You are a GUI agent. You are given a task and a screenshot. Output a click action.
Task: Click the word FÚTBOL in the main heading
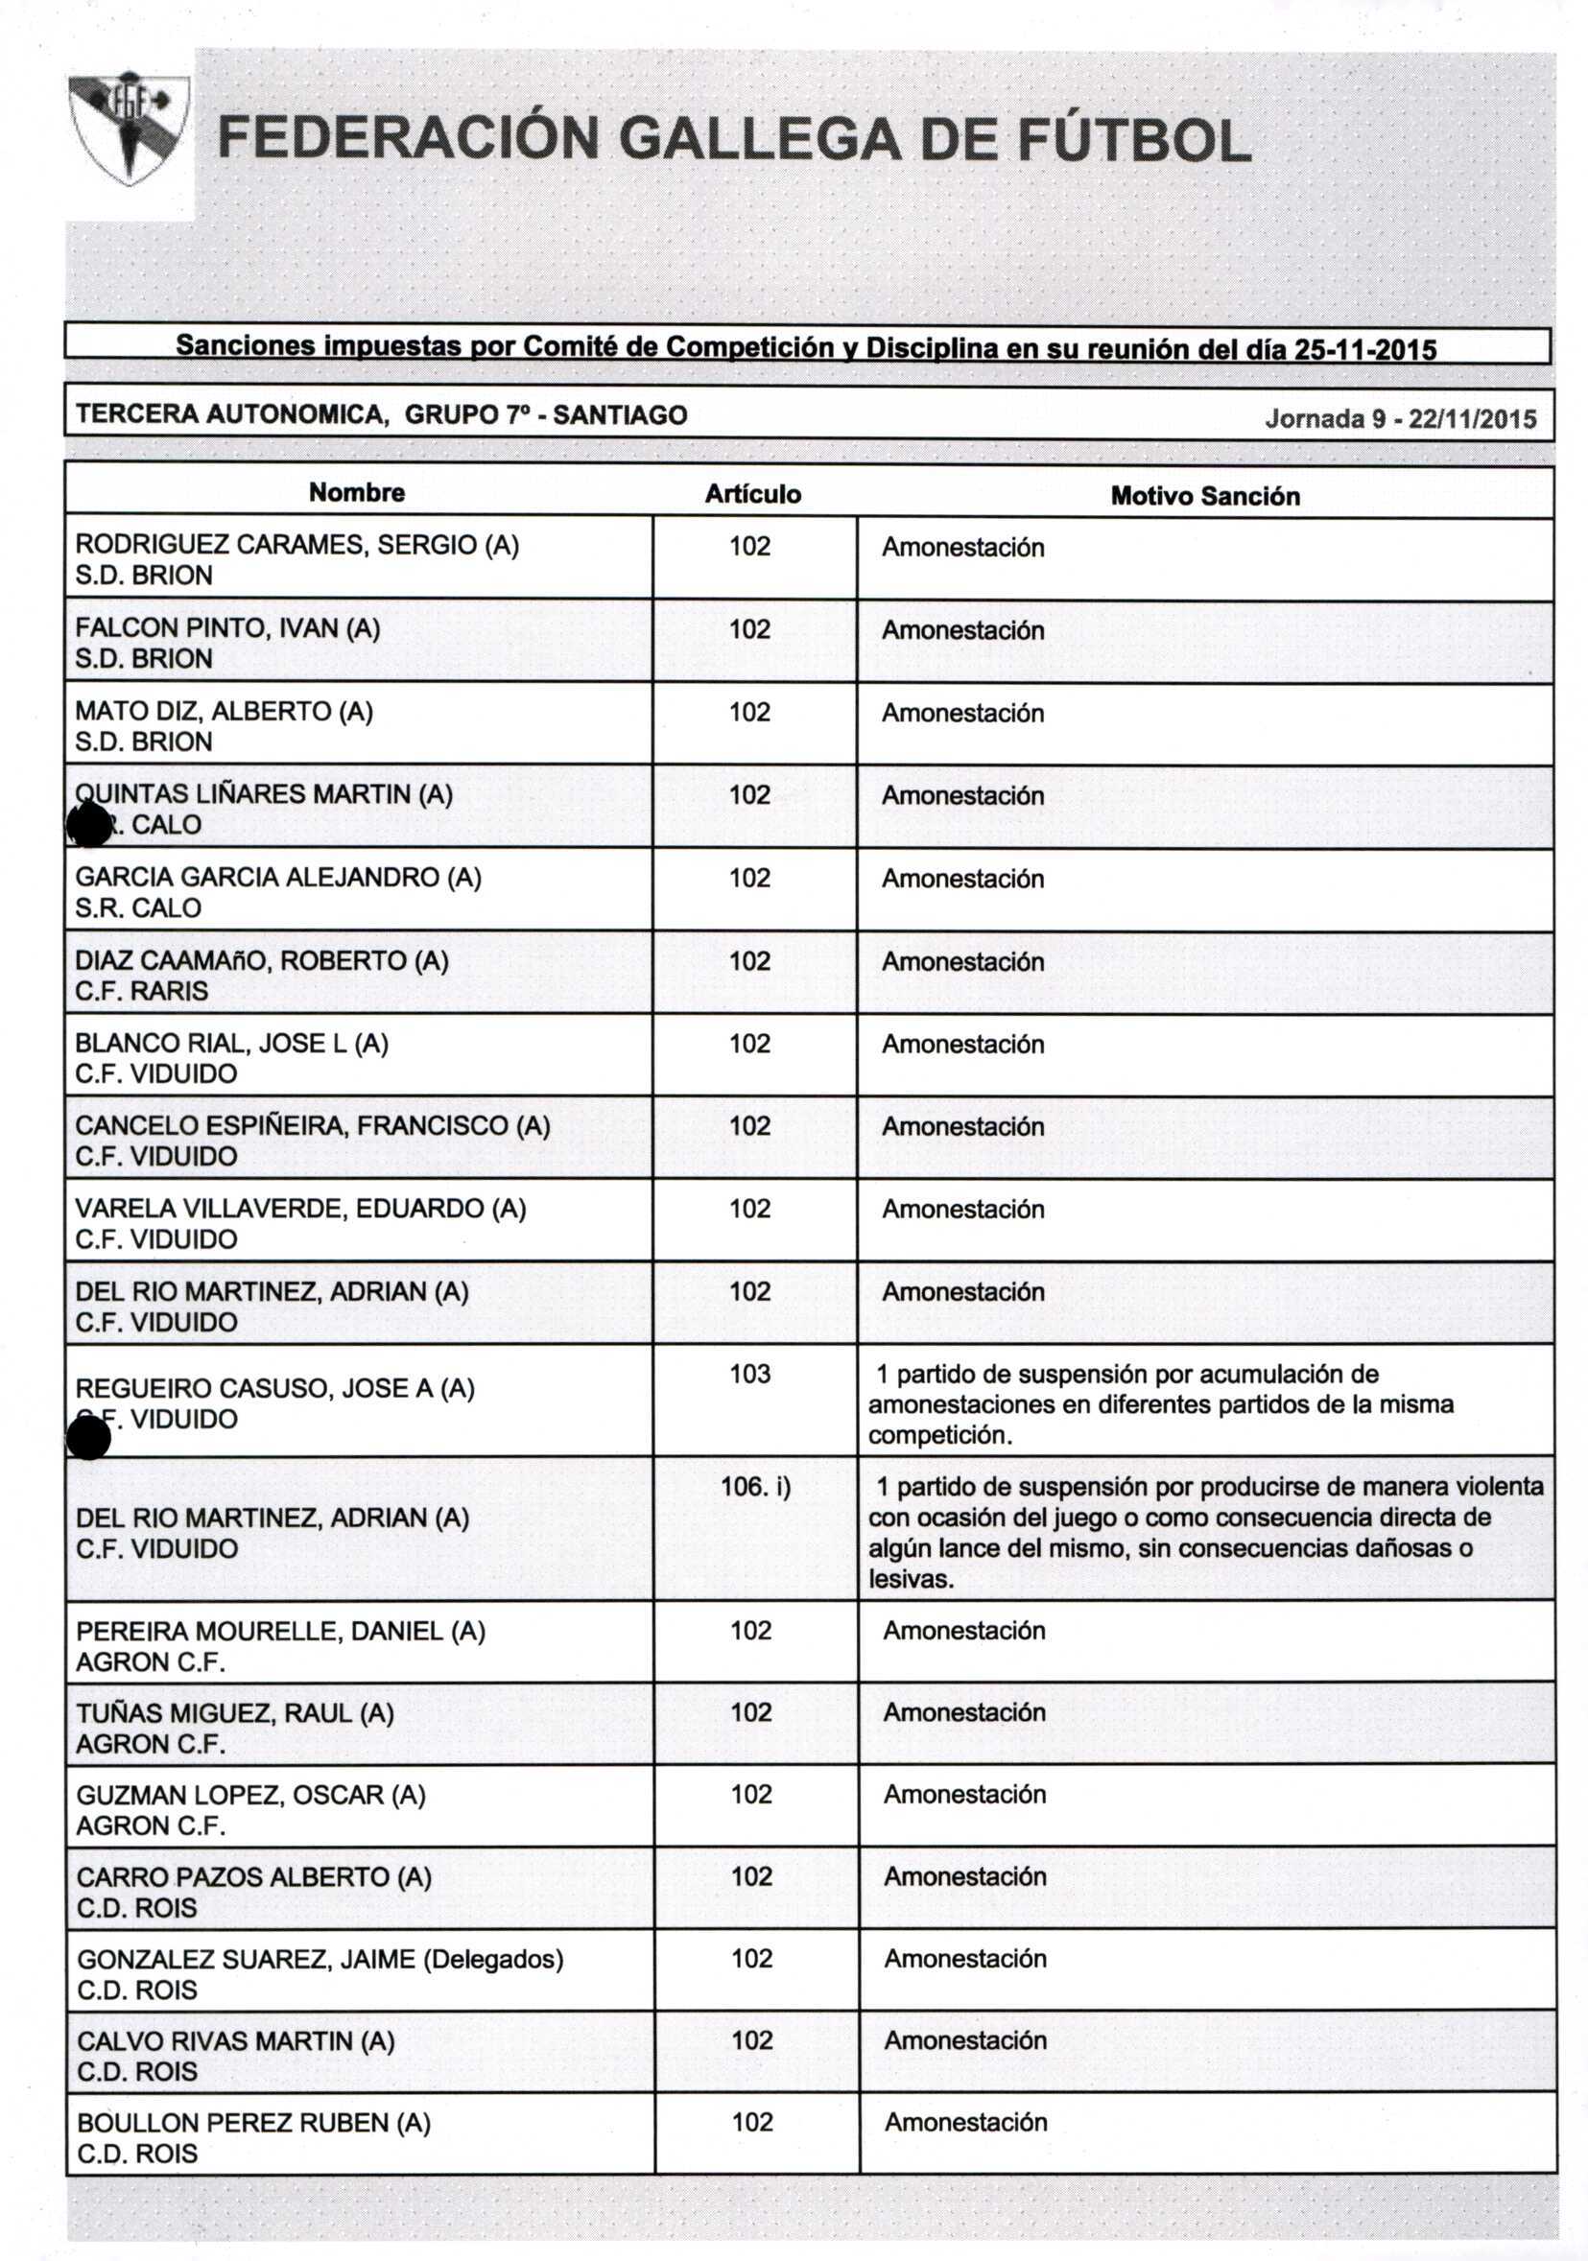click(1133, 139)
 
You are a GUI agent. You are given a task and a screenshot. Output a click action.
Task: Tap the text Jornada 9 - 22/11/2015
click(1400, 418)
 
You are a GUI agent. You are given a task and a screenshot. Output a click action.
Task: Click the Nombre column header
click(357, 492)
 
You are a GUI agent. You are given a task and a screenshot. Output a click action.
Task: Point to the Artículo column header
click(752, 494)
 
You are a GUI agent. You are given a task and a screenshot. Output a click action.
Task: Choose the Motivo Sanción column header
click(1205, 496)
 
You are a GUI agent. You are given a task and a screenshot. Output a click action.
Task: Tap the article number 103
click(749, 1374)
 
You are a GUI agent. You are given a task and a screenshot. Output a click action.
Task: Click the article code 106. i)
click(755, 1486)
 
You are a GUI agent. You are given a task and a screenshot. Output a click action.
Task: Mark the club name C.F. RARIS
click(142, 991)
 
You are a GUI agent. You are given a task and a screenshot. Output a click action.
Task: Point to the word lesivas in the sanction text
click(911, 1580)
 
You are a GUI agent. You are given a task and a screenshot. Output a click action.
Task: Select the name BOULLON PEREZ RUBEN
click(254, 2122)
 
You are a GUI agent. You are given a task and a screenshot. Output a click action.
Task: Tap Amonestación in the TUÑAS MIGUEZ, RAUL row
click(964, 1712)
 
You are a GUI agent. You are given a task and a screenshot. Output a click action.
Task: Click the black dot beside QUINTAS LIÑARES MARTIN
click(88, 824)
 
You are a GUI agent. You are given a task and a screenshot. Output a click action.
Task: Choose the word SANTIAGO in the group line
click(620, 414)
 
